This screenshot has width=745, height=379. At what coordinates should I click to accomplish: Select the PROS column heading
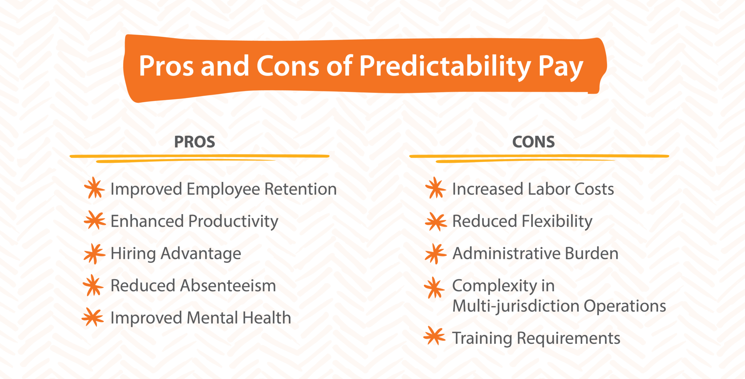pyautogui.click(x=195, y=142)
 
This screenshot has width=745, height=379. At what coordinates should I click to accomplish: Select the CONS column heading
pyautogui.click(x=533, y=142)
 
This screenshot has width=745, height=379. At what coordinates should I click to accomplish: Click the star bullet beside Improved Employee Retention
pyautogui.click(x=94, y=188)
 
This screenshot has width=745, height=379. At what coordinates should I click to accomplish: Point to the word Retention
pyautogui.click(x=300, y=189)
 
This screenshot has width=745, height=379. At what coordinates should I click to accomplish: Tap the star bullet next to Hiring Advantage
pyautogui.click(x=94, y=253)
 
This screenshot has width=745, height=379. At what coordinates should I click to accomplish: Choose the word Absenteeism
pyautogui.click(x=228, y=285)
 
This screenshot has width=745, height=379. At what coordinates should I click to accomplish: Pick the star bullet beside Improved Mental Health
pyautogui.click(x=93, y=317)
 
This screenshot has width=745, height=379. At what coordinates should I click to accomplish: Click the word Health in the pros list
pyautogui.click(x=267, y=318)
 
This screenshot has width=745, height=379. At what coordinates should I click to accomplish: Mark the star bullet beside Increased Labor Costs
pyautogui.click(x=435, y=188)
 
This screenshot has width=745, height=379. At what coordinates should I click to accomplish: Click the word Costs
pyautogui.click(x=594, y=189)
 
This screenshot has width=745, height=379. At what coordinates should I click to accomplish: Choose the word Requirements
pyautogui.click(x=568, y=339)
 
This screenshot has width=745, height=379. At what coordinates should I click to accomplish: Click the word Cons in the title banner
pyautogui.click(x=288, y=66)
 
